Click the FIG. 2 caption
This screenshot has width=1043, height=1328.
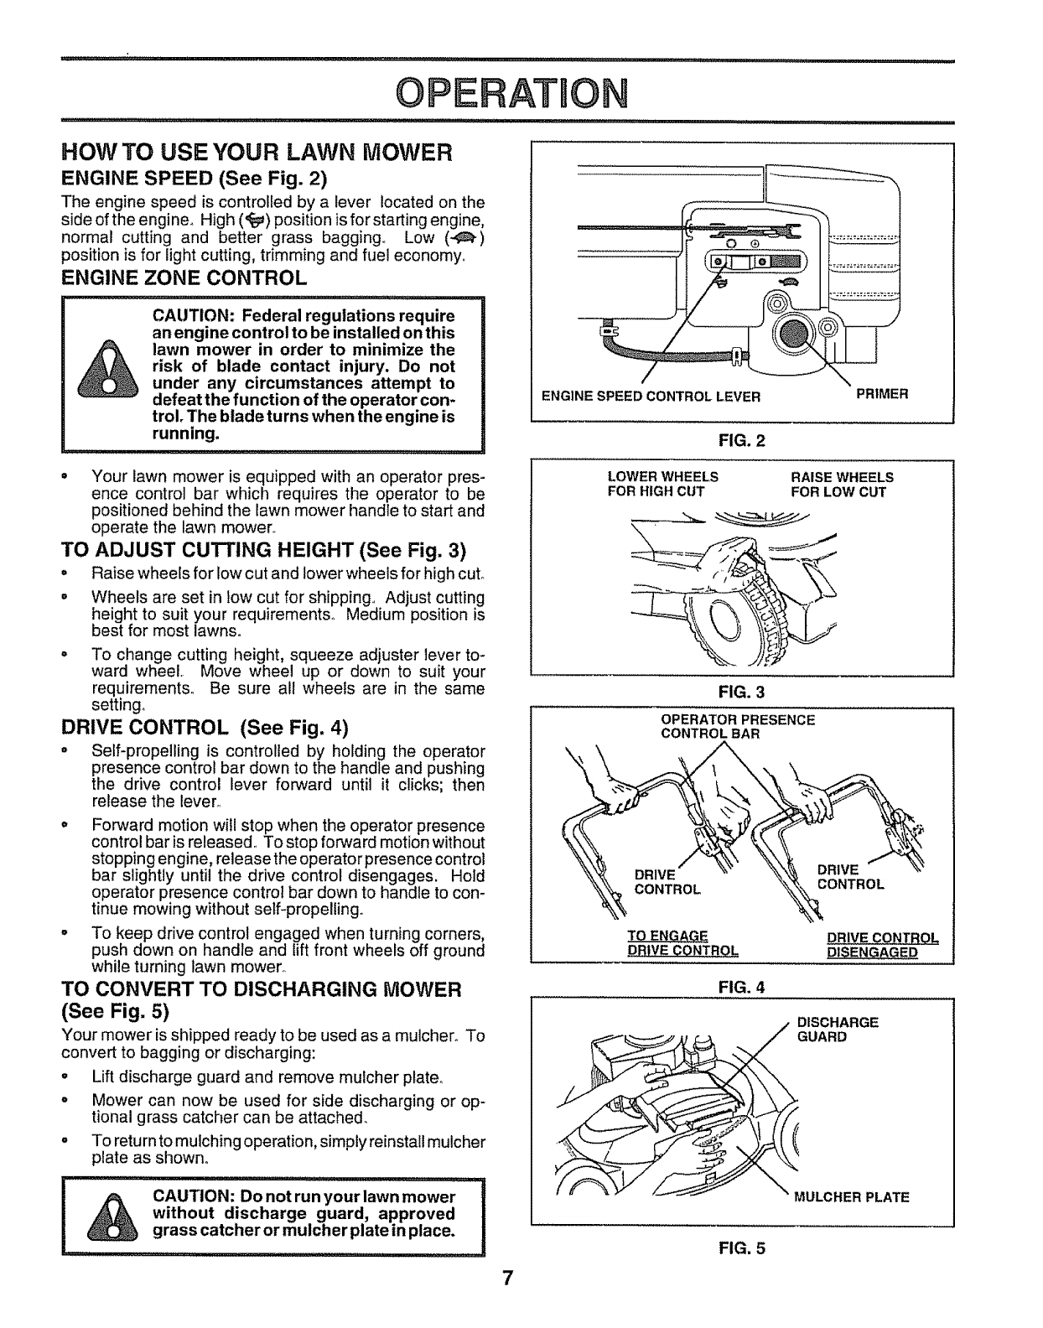point(742,439)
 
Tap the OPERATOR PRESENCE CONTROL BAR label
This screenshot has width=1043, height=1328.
point(738,726)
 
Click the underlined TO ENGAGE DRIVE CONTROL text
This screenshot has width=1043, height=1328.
point(682,943)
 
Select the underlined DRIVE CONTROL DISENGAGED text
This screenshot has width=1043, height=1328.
point(882,944)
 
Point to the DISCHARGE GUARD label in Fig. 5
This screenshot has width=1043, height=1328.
point(837,1029)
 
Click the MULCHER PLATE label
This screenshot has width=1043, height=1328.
point(851,1197)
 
